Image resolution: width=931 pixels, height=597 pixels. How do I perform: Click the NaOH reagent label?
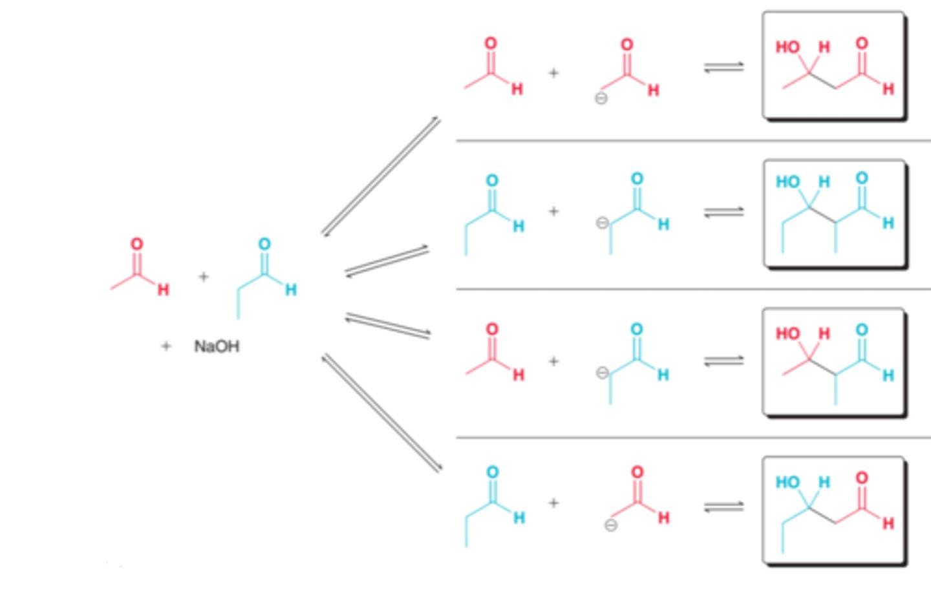pyautogui.click(x=217, y=346)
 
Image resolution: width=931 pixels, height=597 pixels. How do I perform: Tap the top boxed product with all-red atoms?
pyautogui.click(x=833, y=66)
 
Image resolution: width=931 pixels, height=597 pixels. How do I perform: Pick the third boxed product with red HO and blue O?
pyautogui.click(x=833, y=362)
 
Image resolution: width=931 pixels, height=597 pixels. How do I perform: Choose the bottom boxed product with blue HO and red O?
pyautogui.click(x=833, y=510)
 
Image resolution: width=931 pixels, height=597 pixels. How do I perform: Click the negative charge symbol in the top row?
pyautogui.click(x=601, y=98)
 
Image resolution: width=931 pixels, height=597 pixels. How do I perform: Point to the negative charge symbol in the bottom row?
pyautogui.click(x=610, y=525)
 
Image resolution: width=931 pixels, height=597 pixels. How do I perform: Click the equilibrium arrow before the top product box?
pyautogui.click(x=723, y=67)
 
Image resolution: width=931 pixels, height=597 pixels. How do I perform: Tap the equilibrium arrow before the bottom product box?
pyautogui.click(x=723, y=507)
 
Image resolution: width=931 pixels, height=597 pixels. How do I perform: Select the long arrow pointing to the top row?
pyautogui.click(x=381, y=176)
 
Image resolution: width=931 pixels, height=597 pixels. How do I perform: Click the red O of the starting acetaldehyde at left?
pyautogui.click(x=136, y=244)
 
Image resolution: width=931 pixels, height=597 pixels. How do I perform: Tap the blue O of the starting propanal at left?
pyautogui.click(x=264, y=244)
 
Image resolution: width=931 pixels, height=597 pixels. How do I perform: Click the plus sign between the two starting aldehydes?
pyautogui.click(x=204, y=277)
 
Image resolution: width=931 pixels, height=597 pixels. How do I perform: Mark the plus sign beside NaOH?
pyautogui.click(x=166, y=346)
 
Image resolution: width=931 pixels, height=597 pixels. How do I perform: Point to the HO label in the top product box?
pyautogui.click(x=787, y=47)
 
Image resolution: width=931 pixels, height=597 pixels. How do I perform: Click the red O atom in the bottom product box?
pyautogui.click(x=862, y=478)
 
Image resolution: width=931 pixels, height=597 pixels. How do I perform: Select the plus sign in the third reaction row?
pyautogui.click(x=553, y=361)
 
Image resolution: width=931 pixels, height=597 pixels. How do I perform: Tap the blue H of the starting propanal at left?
pyautogui.click(x=291, y=289)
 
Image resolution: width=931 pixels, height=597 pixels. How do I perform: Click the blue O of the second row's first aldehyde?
pyautogui.click(x=492, y=180)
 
